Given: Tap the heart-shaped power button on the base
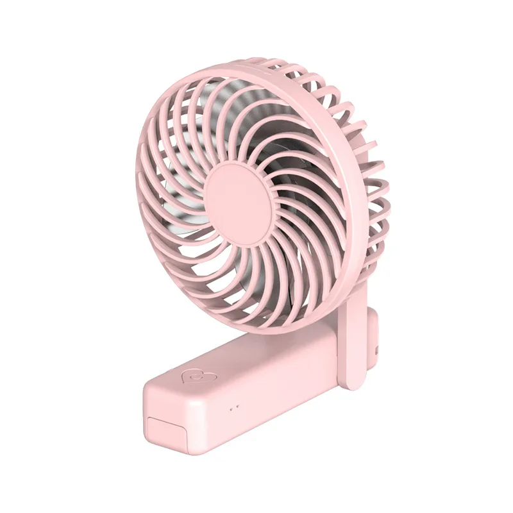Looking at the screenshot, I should (192, 376).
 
